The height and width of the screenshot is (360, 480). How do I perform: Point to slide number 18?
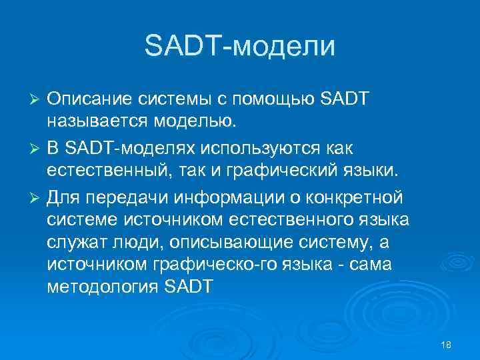point(446,343)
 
